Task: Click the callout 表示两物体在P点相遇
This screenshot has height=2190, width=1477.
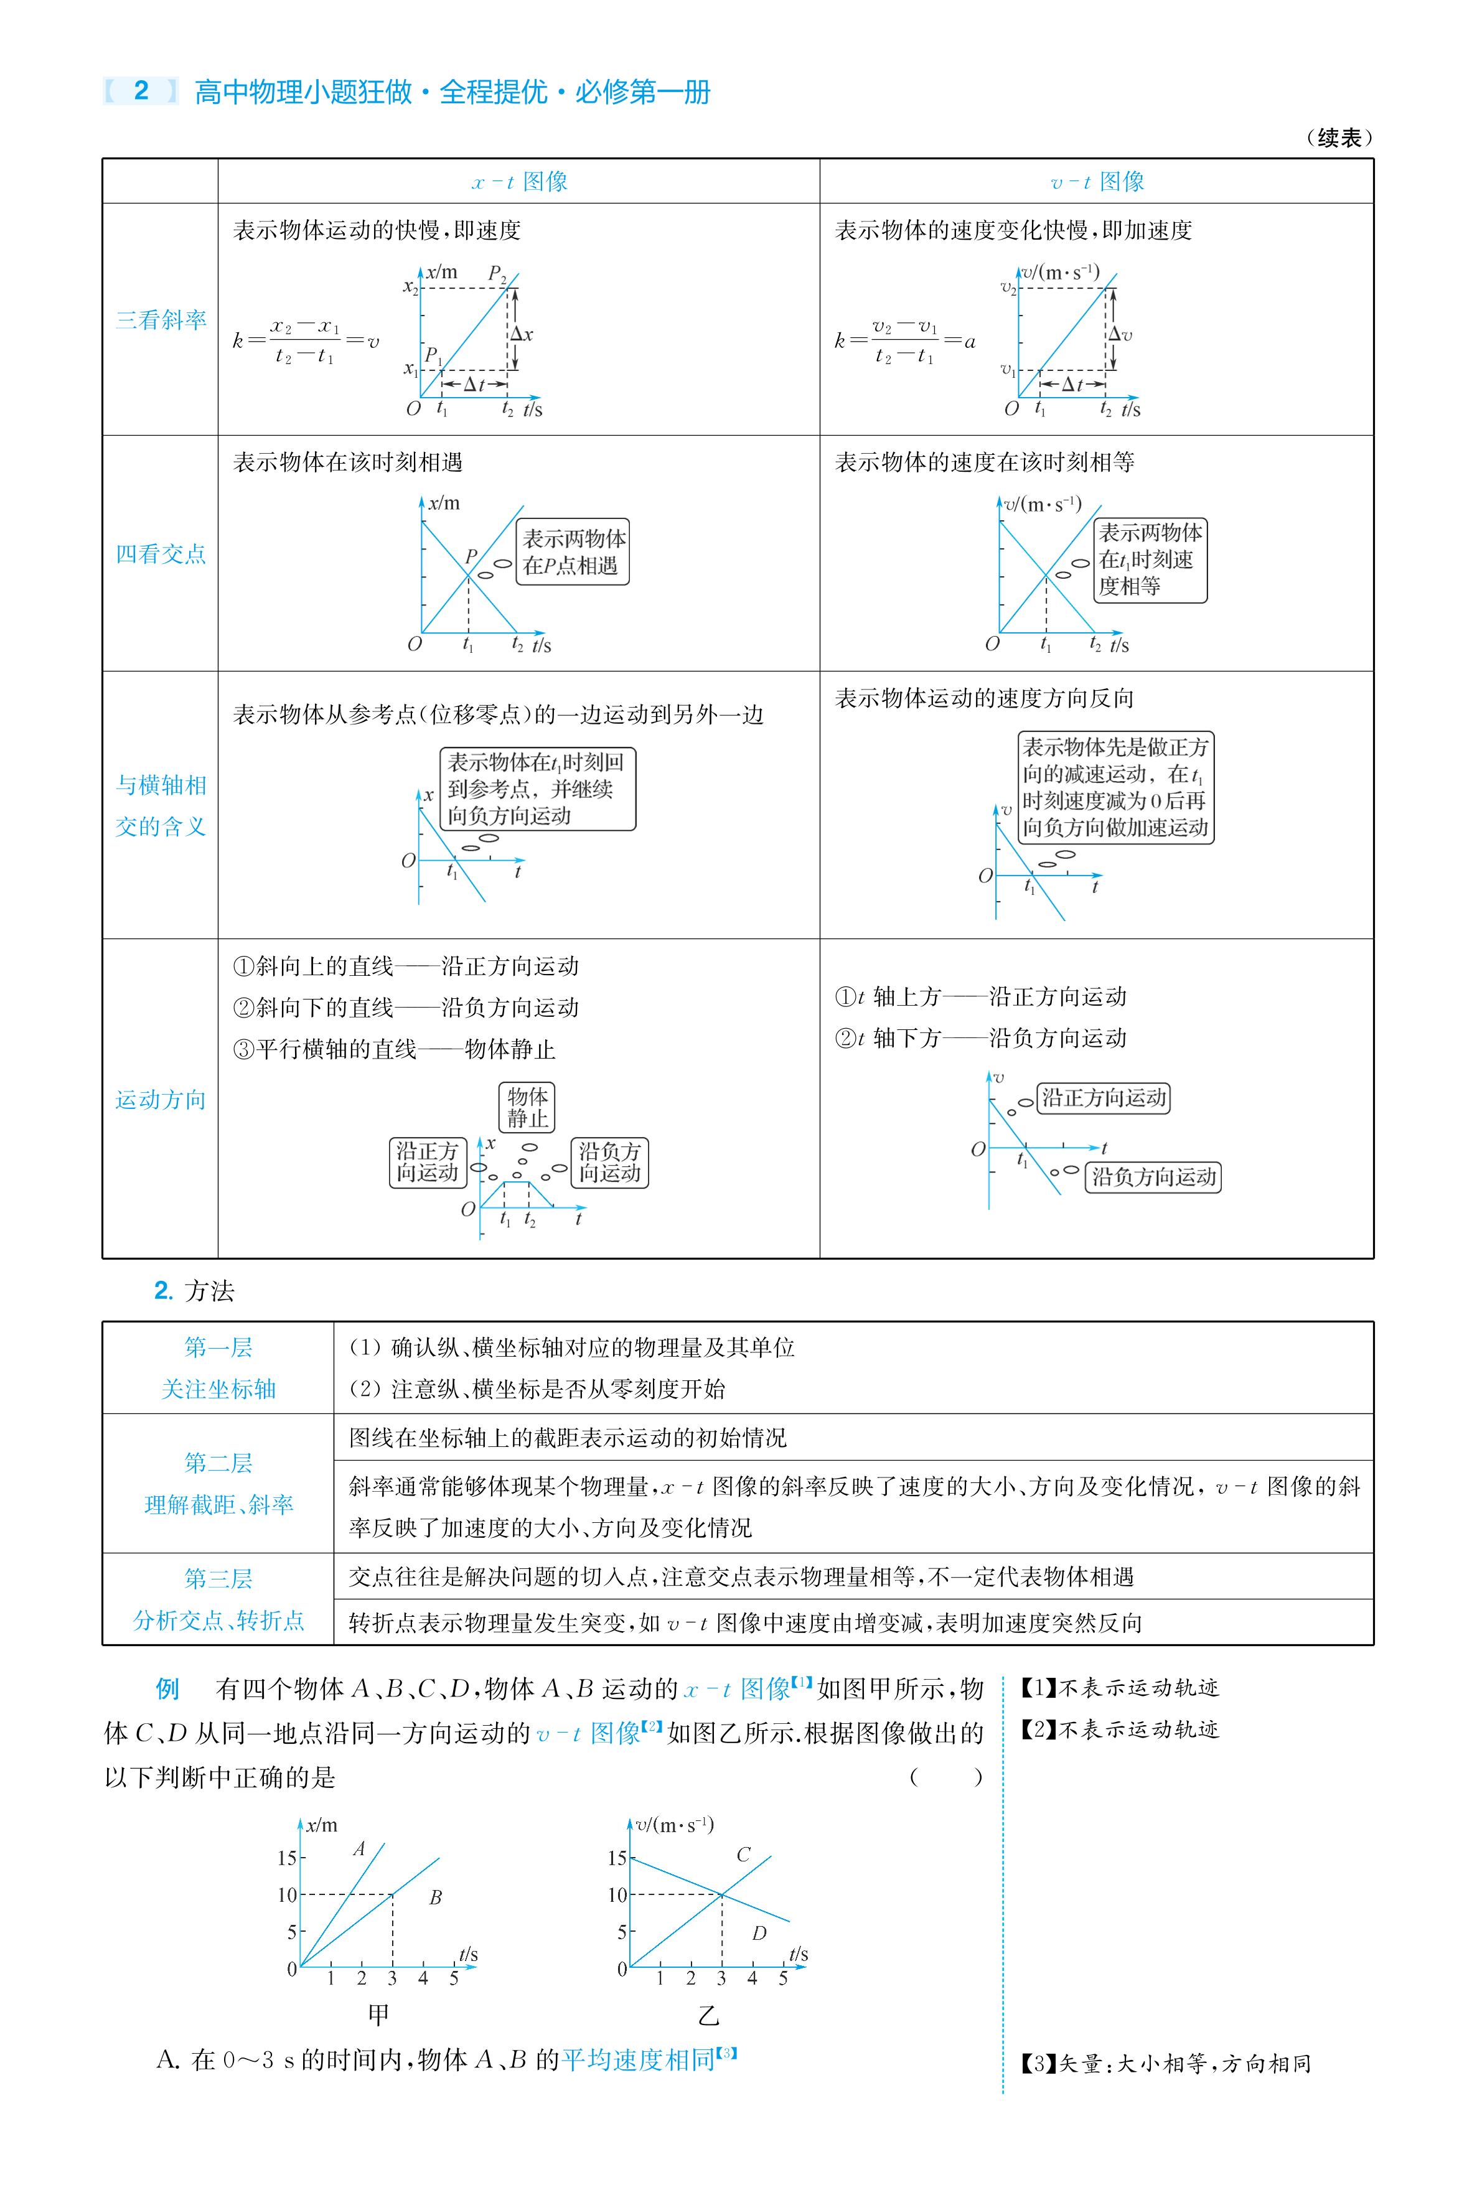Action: (x=573, y=552)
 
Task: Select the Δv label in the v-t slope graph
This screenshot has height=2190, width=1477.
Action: (x=1120, y=334)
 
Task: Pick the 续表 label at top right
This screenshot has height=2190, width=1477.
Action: (x=1339, y=138)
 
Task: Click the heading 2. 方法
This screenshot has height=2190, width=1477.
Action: (x=194, y=1291)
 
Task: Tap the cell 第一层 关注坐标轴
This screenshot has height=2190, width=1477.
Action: (x=218, y=1368)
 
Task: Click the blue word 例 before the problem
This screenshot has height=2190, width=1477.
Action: (x=167, y=1689)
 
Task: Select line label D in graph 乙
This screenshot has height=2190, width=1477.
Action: (x=759, y=1933)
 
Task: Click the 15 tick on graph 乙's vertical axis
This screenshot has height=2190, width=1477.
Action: (x=617, y=1858)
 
